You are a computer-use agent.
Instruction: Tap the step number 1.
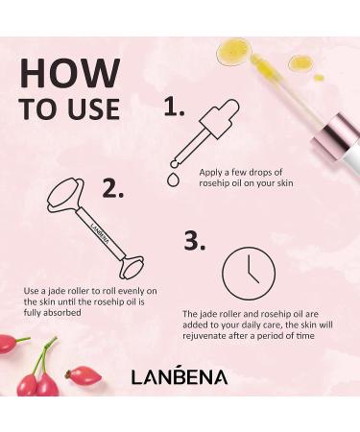[174, 108]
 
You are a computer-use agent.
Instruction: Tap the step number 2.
[113, 188]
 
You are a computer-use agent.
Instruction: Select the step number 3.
[195, 241]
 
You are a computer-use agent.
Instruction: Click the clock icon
[249, 274]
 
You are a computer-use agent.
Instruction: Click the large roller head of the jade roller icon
[67, 199]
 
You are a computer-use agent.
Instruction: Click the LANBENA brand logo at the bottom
[180, 376]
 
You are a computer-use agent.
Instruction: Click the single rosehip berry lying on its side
[84, 375]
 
